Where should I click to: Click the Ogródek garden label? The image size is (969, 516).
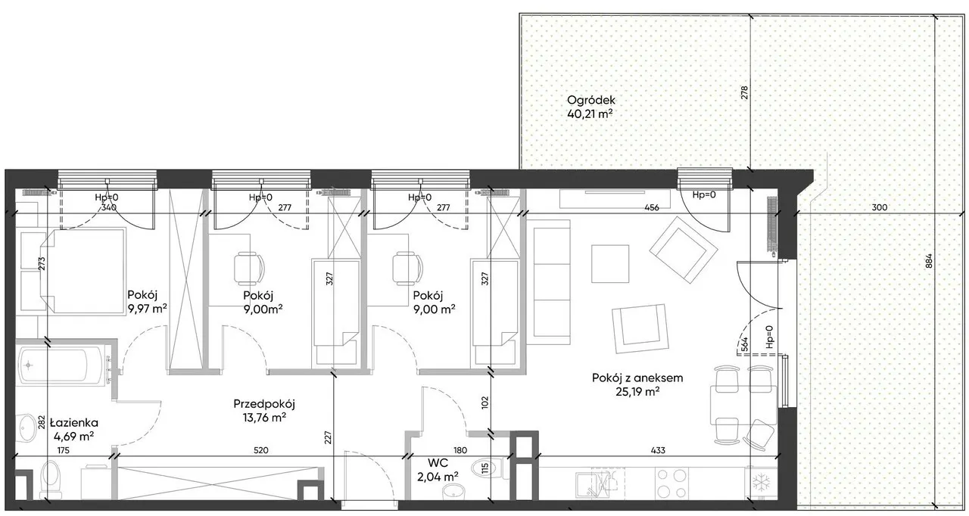[591, 101]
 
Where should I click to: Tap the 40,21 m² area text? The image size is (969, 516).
[590, 114]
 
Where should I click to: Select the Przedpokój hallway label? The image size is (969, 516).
[264, 404]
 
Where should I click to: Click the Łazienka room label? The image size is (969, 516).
[74, 422]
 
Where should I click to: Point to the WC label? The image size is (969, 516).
[438, 463]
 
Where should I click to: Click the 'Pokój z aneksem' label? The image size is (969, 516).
[637, 378]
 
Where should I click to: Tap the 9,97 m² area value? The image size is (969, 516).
[148, 309]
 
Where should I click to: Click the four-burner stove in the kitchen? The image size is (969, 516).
[671, 483]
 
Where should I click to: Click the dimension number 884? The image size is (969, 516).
[929, 261]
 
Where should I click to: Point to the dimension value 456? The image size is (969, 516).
[652, 207]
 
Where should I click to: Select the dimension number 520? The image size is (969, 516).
[261, 450]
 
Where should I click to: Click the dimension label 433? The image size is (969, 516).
[658, 450]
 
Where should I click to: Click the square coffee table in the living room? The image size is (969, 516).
[610, 263]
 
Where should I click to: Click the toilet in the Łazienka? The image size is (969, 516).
[51, 479]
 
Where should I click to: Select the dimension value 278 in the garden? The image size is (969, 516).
[744, 93]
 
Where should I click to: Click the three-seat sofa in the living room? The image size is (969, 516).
[550, 281]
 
